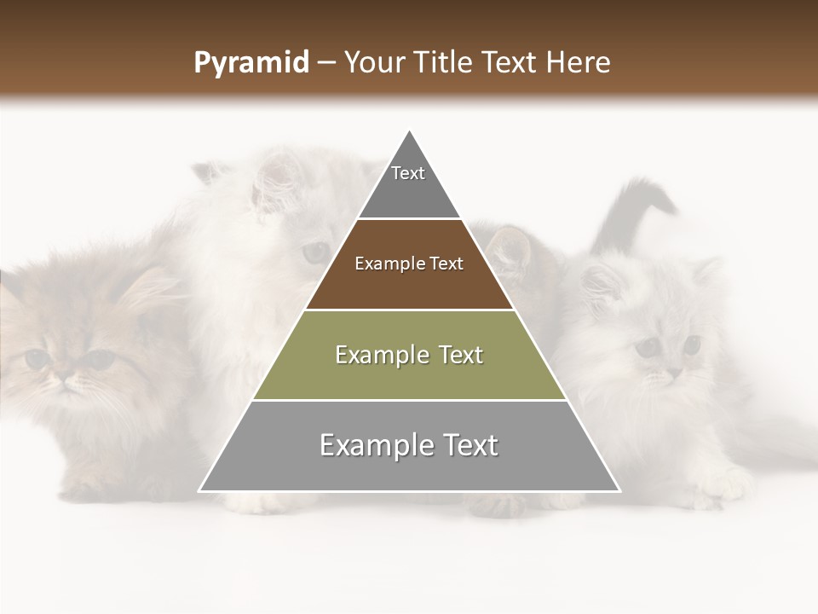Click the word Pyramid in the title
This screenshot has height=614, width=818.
pos(251,63)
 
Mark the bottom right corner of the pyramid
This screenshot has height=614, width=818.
pos(619,490)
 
